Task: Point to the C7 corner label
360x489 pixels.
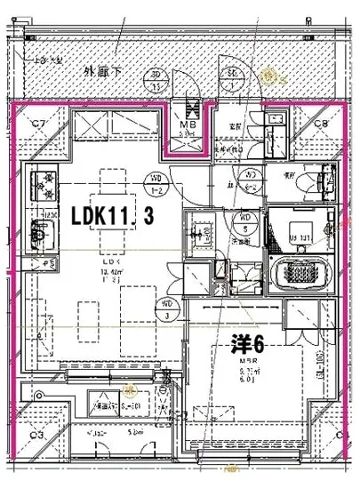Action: click(39, 124)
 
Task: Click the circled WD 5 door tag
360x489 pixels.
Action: click(242, 220)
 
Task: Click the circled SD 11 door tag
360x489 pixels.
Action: click(156, 82)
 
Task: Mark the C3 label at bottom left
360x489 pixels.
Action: click(37, 435)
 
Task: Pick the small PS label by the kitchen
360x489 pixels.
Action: click(41, 264)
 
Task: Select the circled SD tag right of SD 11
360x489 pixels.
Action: click(232, 76)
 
